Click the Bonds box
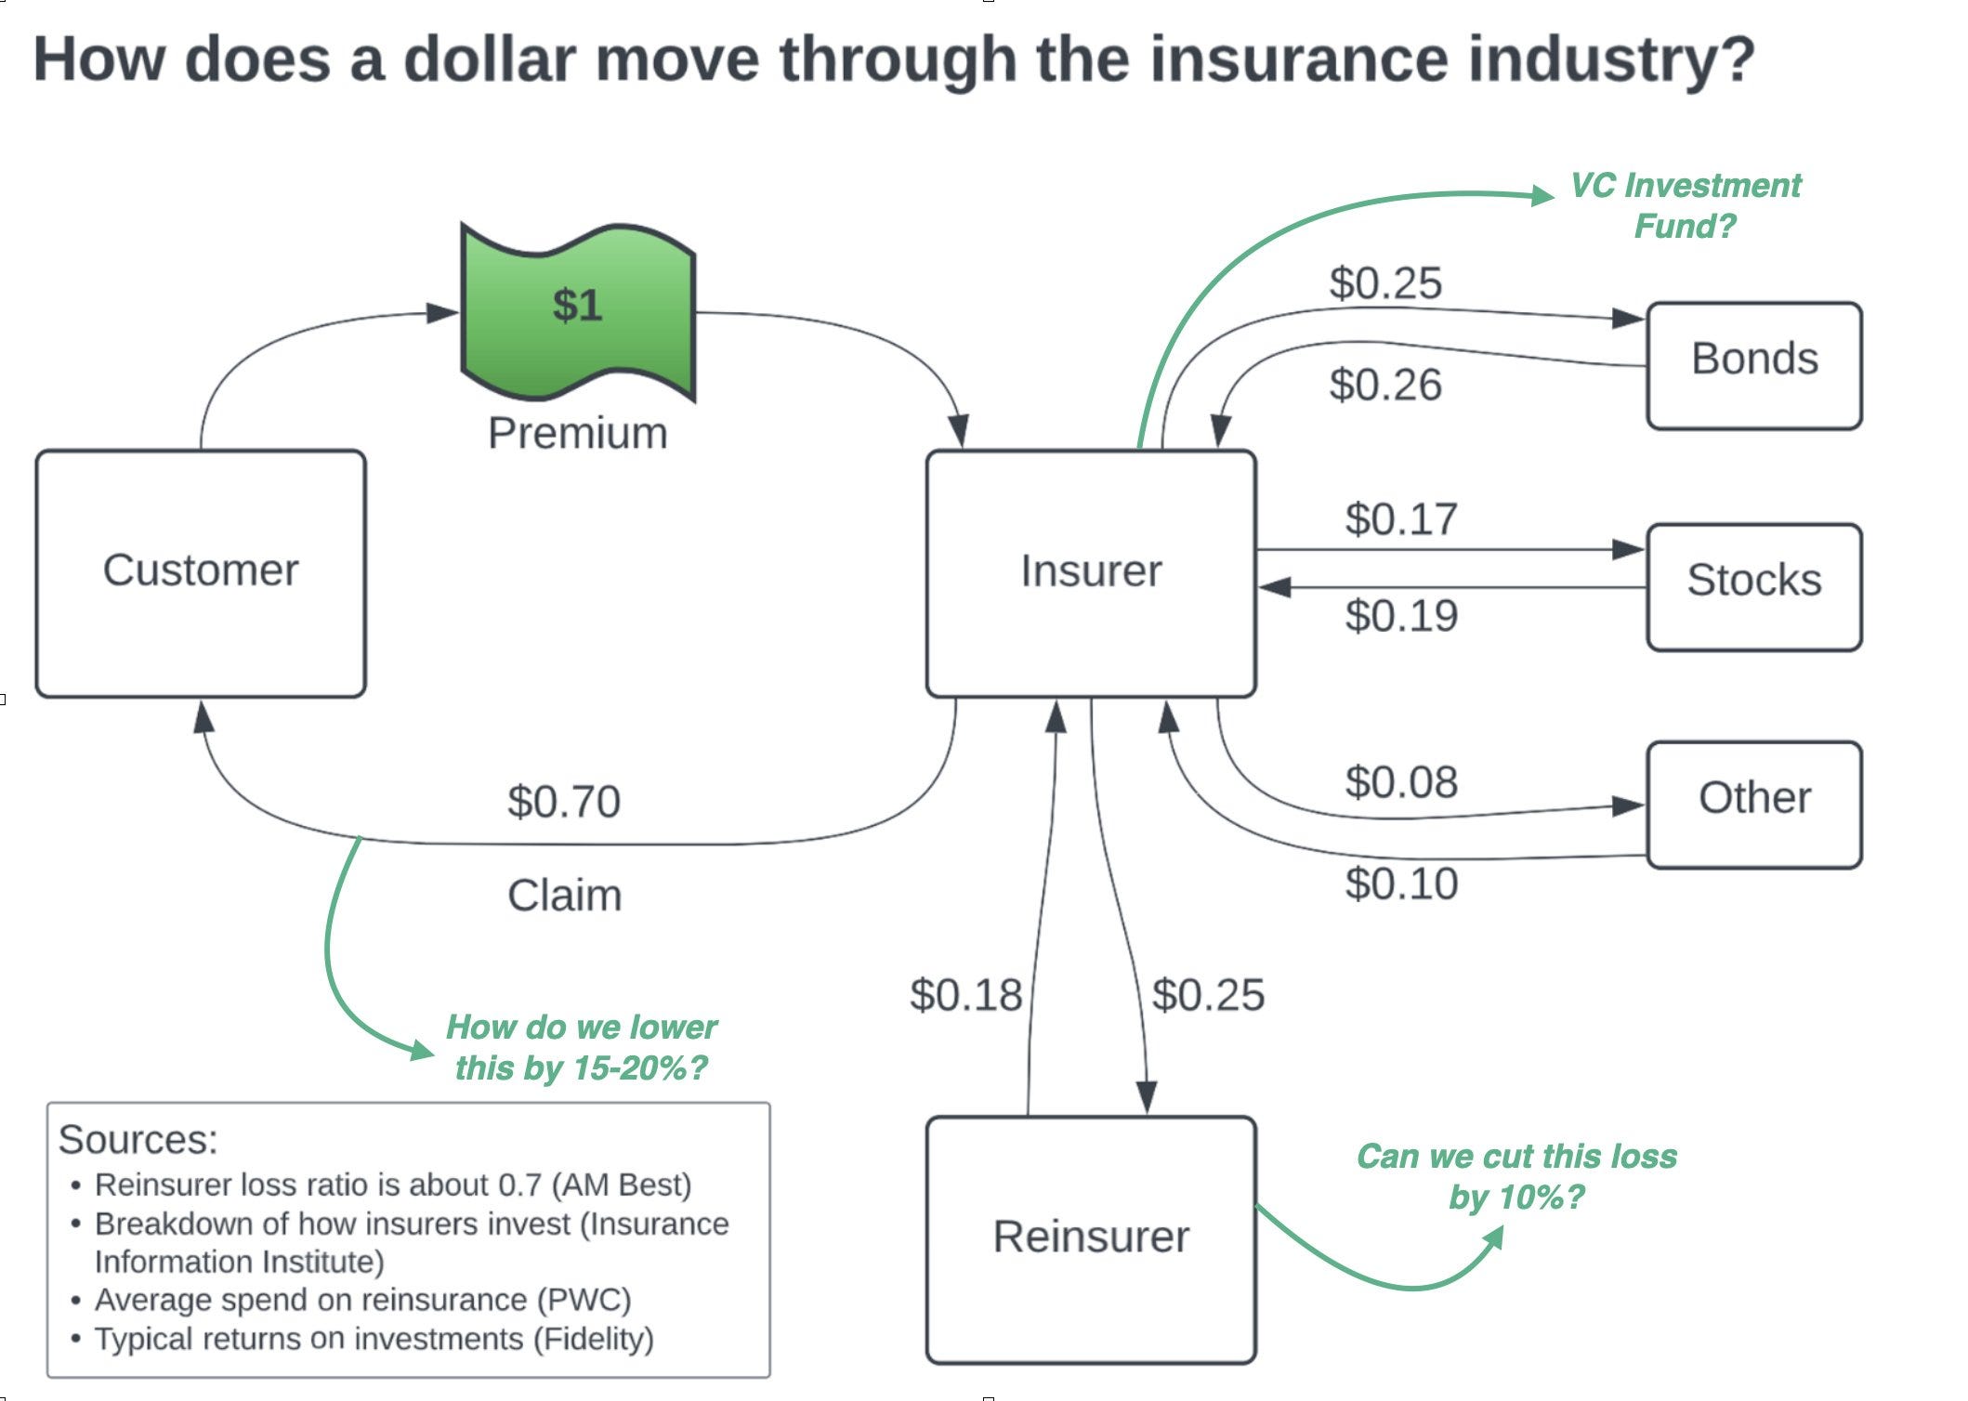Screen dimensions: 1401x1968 point(1753,364)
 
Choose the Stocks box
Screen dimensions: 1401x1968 point(1753,585)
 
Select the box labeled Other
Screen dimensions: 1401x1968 point(1753,803)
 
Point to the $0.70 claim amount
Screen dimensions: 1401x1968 point(563,802)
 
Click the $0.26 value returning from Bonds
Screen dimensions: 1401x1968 point(1384,385)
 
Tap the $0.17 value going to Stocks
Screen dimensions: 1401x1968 point(1401,518)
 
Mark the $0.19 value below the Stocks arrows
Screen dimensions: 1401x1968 point(1401,615)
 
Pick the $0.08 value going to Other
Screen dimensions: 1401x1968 point(1401,782)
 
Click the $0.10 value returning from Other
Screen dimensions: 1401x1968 point(1401,884)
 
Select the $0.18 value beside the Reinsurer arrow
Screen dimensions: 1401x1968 point(965,995)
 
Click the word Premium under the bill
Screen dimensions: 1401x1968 point(578,433)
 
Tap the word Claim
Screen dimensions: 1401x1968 point(564,896)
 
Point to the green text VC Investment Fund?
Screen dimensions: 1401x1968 point(1685,205)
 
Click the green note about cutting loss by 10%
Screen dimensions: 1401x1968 point(1516,1176)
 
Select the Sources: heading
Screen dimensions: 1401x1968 point(138,1139)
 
